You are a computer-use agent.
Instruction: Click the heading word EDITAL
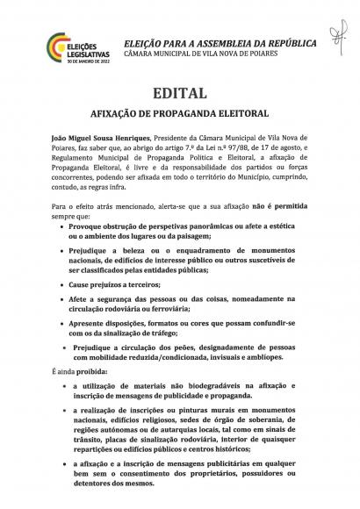[179, 92]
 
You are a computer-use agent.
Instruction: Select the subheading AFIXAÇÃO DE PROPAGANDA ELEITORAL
[179, 114]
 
